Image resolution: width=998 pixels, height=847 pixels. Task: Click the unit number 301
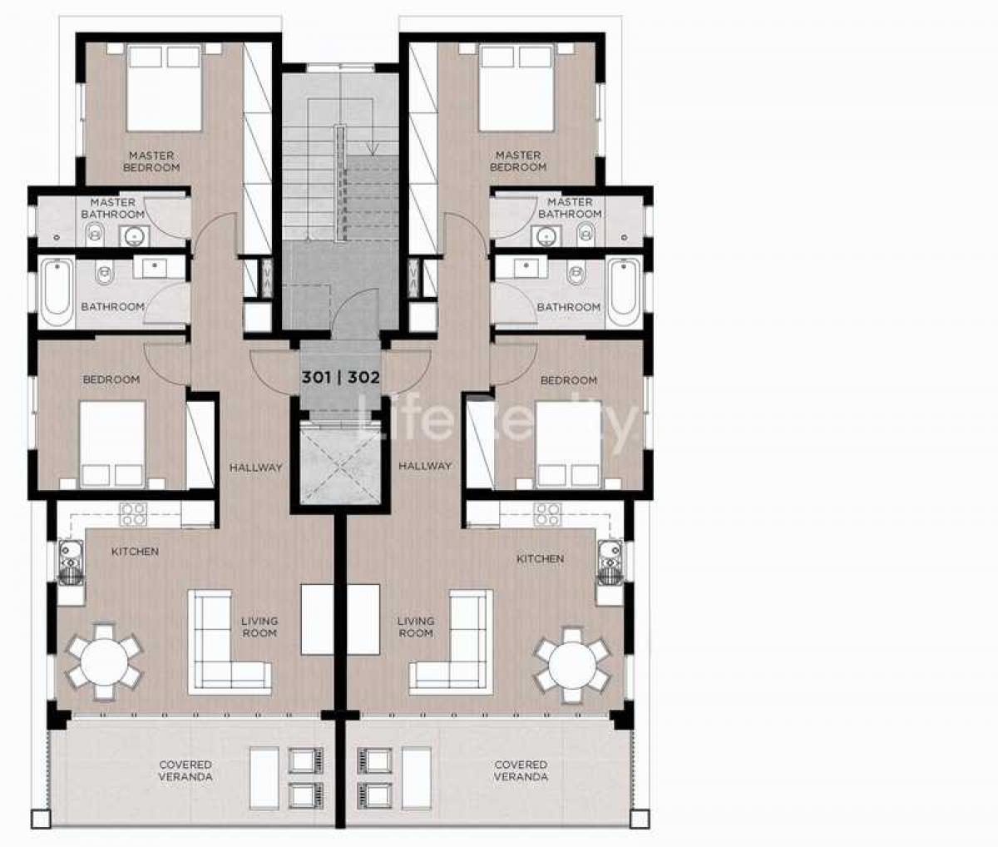pos(316,378)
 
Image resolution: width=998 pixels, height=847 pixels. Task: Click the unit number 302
pos(363,378)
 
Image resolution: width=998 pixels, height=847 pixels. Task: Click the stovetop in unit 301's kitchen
pos(133,514)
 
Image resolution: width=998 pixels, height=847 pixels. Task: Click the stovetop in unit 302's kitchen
pos(549,514)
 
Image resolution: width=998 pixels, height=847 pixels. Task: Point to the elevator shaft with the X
pos(340,463)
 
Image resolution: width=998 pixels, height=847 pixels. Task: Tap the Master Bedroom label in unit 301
pos(151,161)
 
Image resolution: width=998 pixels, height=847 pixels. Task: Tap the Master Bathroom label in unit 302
pos(570,208)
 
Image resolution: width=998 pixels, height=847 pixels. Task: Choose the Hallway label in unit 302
pos(425,466)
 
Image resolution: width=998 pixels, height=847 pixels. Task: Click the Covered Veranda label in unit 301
pos(185,770)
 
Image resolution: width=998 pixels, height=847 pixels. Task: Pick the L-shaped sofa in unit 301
pos(229,642)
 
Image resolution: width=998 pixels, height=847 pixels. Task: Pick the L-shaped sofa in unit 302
pos(451,642)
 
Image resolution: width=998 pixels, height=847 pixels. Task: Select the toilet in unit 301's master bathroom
pos(95,234)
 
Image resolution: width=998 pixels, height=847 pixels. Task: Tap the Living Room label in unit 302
pos(416,627)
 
